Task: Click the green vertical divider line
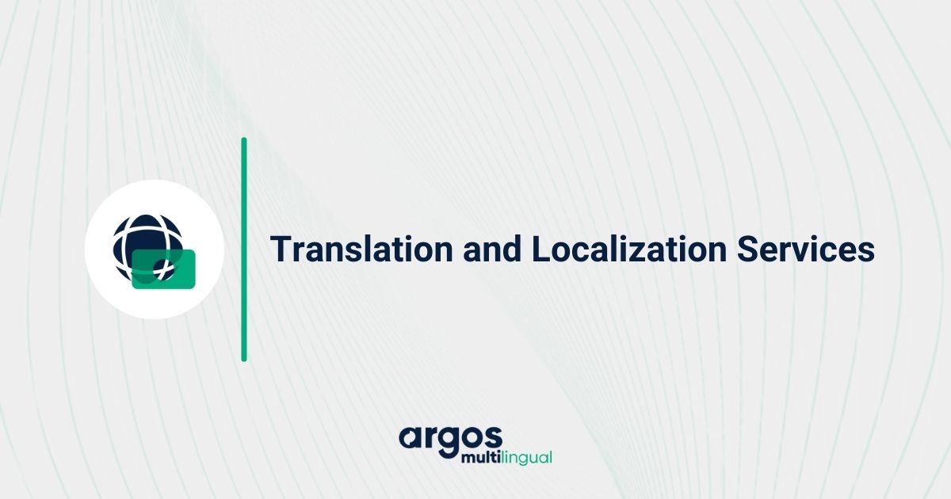(x=244, y=249)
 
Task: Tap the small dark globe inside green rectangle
(x=164, y=269)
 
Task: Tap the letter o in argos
(x=470, y=439)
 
